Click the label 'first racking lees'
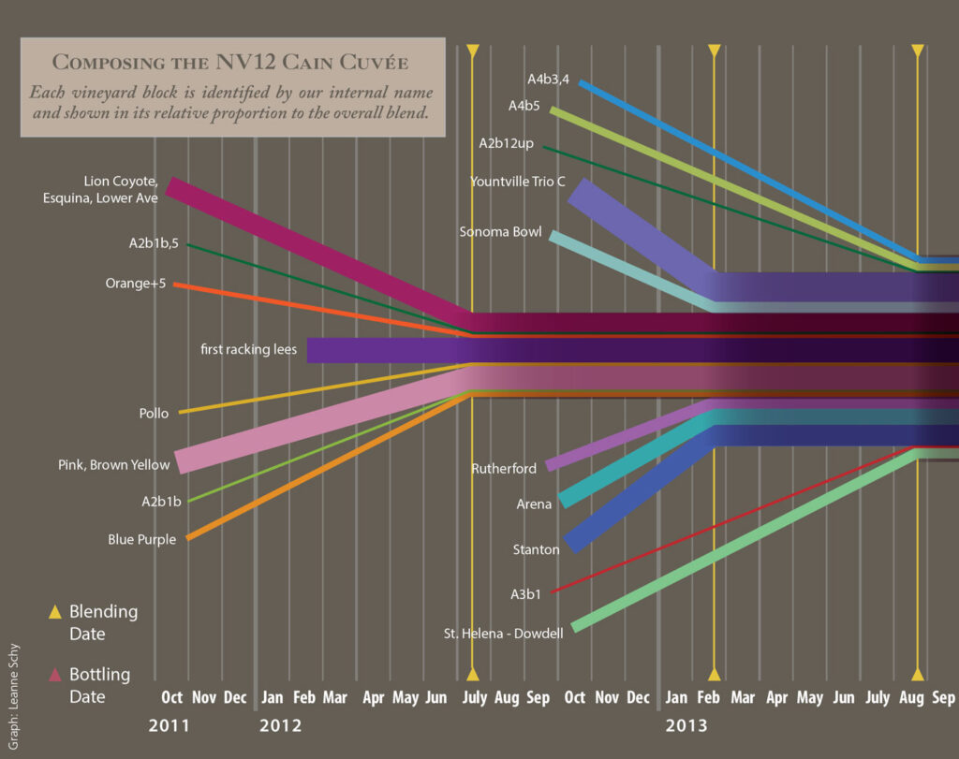(x=248, y=350)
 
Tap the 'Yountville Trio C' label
(x=517, y=182)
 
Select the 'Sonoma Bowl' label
(x=500, y=232)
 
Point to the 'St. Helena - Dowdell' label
(x=503, y=634)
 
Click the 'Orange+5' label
(x=136, y=284)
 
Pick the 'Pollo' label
(x=154, y=413)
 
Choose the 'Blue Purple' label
(x=141, y=539)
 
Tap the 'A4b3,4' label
(x=548, y=80)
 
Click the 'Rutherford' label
(x=504, y=468)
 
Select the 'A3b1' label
(x=525, y=593)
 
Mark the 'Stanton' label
(x=536, y=549)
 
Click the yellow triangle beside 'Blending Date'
(x=55, y=612)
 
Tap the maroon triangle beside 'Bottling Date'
(x=55, y=675)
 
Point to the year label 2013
(x=686, y=725)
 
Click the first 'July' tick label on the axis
(x=474, y=698)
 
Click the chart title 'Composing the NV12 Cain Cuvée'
(x=230, y=63)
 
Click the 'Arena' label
(x=534, y=504)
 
